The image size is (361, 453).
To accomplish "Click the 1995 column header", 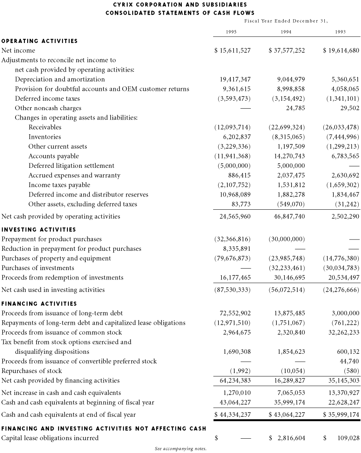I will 231,32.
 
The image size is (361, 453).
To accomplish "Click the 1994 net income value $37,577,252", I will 287,51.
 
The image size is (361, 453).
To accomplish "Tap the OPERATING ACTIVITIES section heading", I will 40,41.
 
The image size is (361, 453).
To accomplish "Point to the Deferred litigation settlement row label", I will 71,166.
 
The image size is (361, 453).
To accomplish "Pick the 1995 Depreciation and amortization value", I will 235,79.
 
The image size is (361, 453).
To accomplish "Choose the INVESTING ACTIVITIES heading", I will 39,229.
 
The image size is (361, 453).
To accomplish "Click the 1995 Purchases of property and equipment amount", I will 232,258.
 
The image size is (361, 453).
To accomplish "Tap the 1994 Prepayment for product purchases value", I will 287,239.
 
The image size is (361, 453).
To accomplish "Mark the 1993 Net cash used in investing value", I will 341,290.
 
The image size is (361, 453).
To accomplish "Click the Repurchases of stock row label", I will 32,371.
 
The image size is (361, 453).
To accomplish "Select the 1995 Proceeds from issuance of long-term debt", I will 235,313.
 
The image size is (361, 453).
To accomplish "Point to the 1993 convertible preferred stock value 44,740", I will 349,361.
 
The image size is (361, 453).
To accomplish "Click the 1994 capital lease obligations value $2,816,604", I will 287,438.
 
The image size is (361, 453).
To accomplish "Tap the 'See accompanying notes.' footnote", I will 181,448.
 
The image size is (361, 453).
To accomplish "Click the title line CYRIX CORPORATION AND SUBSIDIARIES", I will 180,5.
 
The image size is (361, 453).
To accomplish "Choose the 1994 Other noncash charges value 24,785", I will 295,108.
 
